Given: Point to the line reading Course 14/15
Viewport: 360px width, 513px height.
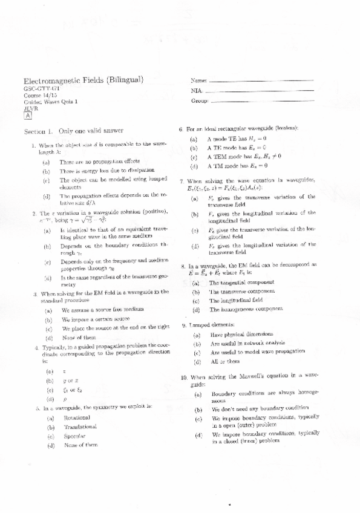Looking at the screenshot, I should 38,96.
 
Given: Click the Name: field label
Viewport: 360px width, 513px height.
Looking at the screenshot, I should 198,80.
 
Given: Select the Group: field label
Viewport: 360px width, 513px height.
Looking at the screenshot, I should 199,102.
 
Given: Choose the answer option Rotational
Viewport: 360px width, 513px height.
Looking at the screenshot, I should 76,417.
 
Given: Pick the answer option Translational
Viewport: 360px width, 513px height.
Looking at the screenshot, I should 79,427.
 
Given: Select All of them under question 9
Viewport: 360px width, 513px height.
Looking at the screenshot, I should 224,361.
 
